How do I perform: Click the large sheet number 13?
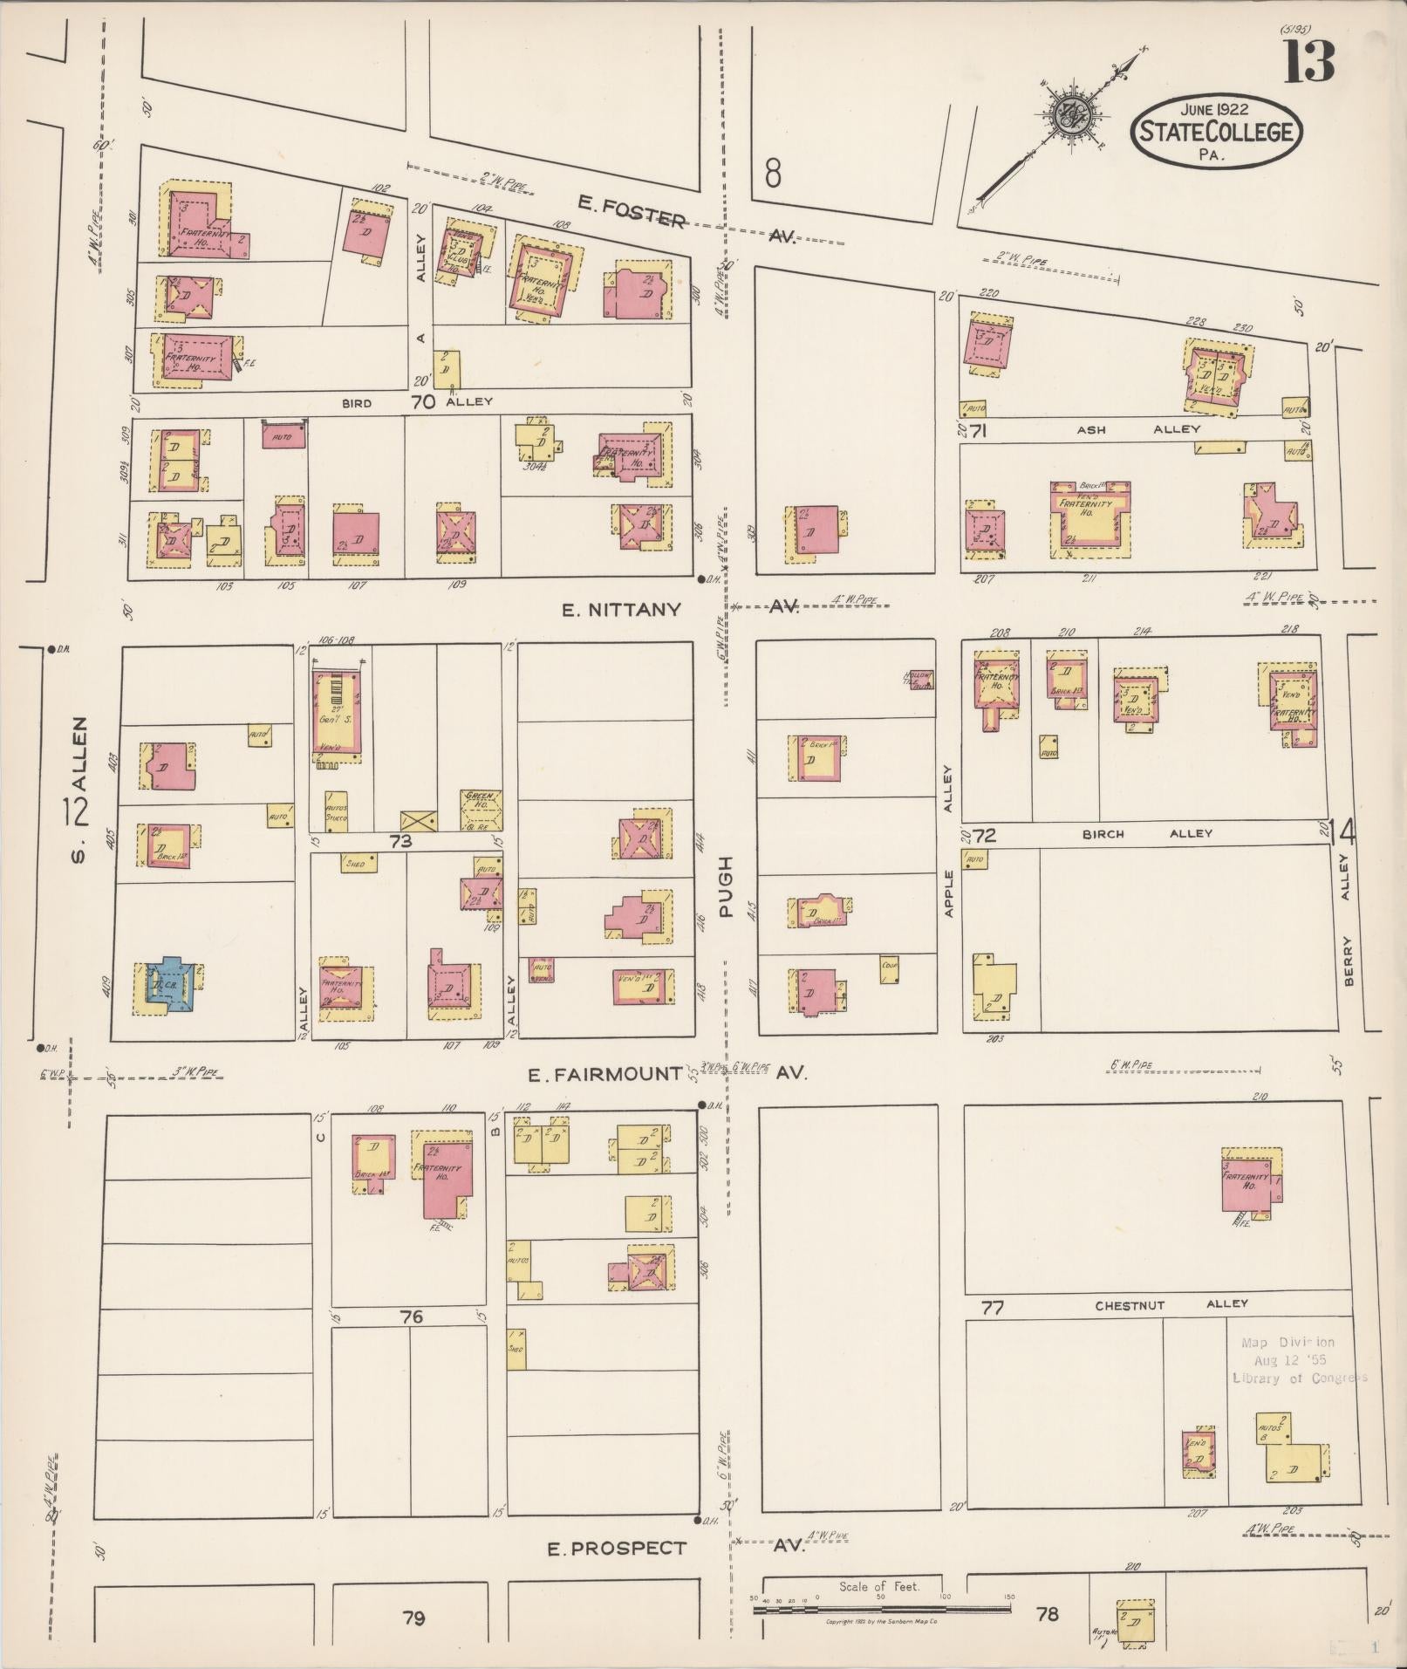[x=1308, y=60]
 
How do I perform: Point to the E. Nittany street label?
[x=621, y=610]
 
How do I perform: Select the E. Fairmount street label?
[x=616, y=1073]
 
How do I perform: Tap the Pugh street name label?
[x=726, y=886]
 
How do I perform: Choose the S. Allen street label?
[x=79, y=790]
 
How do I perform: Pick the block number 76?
[x=412, y=1317]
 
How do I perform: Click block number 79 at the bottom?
[x=413, y=1618]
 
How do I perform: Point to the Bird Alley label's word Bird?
[x=356, y=403]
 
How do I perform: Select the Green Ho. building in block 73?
[x=481, y=811]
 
